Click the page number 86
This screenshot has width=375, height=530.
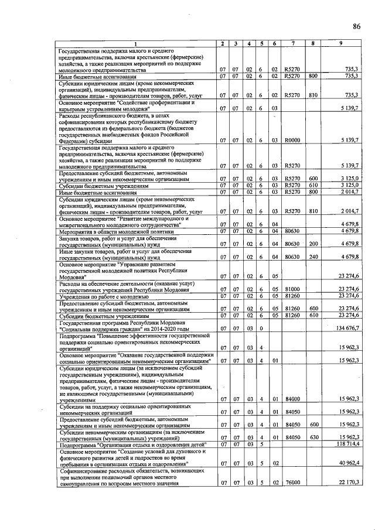point(357,26)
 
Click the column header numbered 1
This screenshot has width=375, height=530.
point(135,45)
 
